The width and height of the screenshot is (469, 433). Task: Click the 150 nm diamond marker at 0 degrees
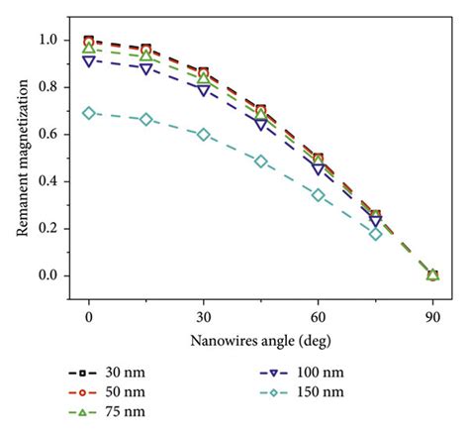click(89, 113)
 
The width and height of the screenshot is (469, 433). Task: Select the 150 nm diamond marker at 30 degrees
click(204, 135)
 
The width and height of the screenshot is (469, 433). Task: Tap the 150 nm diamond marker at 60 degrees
click(318, 195)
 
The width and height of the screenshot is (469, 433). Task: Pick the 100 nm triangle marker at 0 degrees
click(89, 61)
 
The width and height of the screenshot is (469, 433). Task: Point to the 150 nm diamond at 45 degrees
click(261, 161)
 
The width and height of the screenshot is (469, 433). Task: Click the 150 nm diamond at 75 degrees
click(375, 234)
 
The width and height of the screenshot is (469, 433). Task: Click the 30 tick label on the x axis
click(204, 318)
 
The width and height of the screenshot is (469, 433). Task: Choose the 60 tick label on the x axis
click(318, 318)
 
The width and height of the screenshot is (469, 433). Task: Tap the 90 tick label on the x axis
click(432, 318)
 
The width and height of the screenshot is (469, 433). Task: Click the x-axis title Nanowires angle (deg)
click(260, 341)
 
